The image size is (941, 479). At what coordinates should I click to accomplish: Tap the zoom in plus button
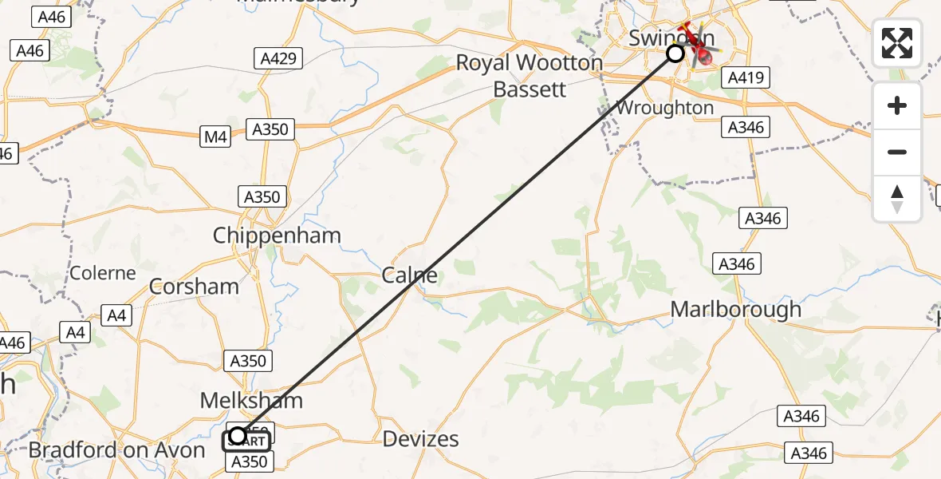[897, 106]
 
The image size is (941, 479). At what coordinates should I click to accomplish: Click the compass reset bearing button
[897, 199]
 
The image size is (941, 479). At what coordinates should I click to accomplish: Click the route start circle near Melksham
[238, 436]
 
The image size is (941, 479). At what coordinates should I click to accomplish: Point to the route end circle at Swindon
[675, 53]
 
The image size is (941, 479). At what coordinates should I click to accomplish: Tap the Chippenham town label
[277, 236]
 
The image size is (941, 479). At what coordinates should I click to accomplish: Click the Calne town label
[409, 276]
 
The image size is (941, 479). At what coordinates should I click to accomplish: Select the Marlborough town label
[735, 310]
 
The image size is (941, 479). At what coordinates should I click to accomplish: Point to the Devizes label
[420, 438]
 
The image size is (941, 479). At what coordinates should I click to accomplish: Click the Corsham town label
[194, 287]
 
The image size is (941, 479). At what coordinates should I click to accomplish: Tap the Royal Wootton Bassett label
[530, 76]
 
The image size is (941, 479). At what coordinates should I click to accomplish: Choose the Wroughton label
[664, 108]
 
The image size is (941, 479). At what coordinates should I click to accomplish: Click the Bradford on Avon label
[116, 450]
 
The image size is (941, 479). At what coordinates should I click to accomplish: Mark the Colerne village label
[103, 273]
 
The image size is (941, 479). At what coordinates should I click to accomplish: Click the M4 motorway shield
[215, 137]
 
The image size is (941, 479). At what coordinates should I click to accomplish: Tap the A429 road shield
[278, 57]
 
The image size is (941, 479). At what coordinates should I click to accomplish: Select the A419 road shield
[745, 78]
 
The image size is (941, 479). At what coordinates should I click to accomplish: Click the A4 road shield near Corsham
[116, 316]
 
